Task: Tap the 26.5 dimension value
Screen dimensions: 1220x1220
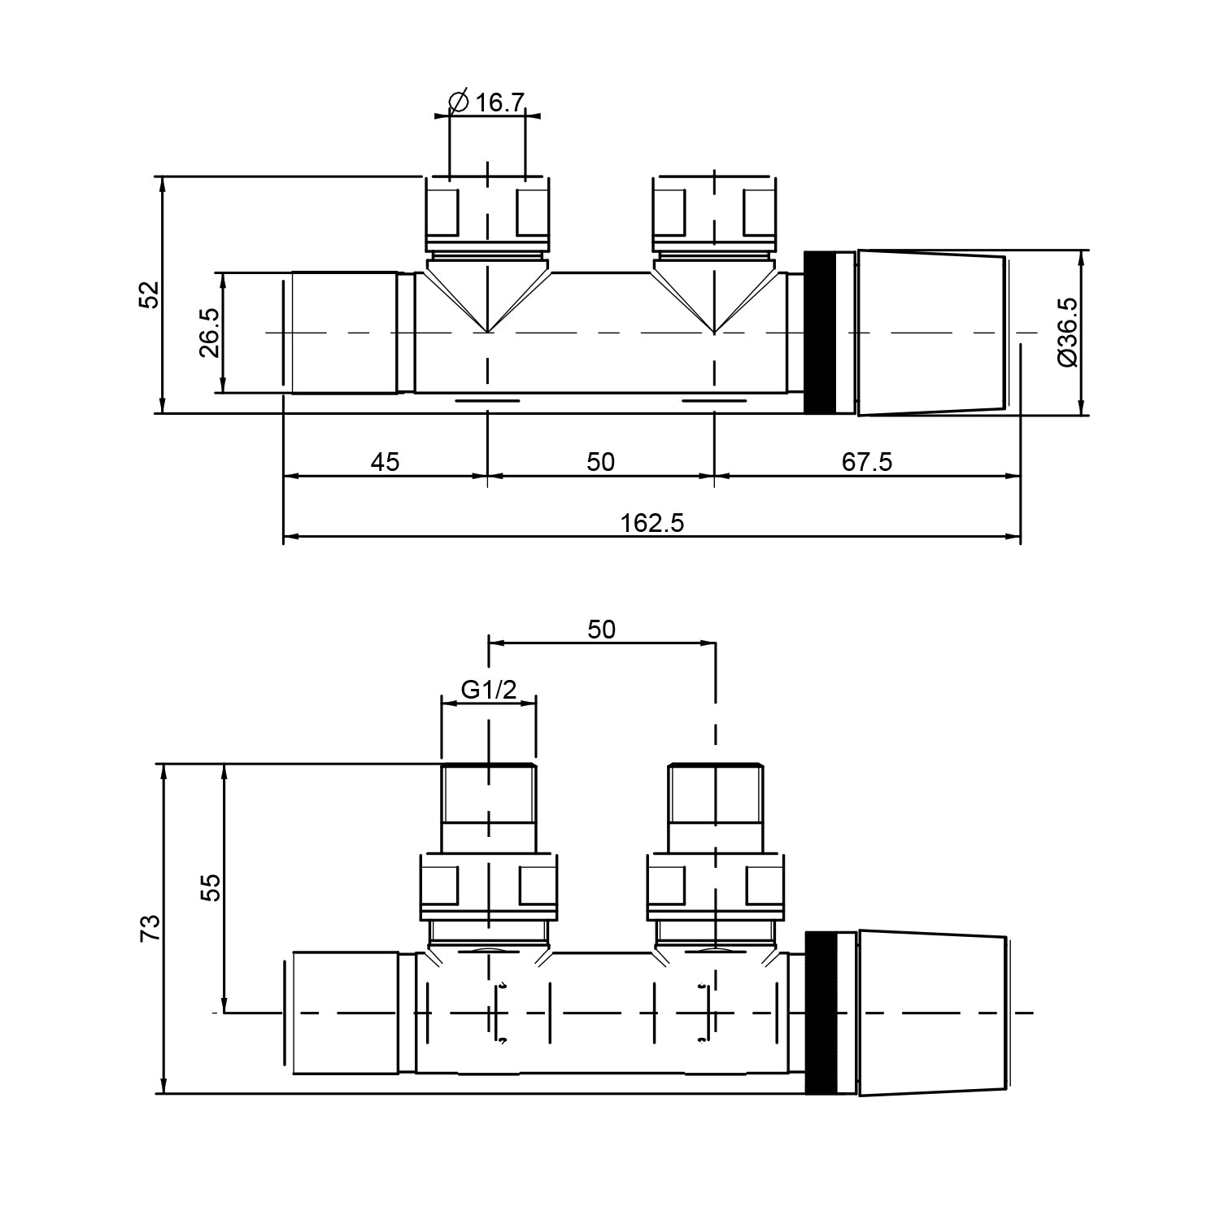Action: click(x=209, y=333)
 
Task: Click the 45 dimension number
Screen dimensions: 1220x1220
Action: click(x=385, y=462)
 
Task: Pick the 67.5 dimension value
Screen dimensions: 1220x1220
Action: click(x=866, y=462)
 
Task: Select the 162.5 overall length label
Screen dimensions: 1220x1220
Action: click(x=652, y=522)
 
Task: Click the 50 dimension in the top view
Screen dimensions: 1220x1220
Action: click(x=600, y=462)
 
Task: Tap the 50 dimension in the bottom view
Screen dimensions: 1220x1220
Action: click(x=601, y=629)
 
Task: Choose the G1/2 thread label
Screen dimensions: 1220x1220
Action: click(x=489, y=690)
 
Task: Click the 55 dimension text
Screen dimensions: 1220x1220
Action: click(x=210, y=887)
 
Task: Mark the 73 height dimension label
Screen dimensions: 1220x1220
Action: click(x=150, y=928)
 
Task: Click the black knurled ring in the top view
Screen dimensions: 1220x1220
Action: click(x=821, y=333)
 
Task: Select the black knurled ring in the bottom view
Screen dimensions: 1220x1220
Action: click(x=821, y=1013)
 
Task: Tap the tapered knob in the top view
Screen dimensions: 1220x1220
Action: click(x=931, y=333)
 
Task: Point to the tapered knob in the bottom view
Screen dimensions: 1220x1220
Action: click(x=931, y=1013)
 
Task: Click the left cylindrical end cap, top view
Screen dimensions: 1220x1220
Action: click(x=344, y=333)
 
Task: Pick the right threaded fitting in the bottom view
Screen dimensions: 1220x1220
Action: click(x=716, y=805)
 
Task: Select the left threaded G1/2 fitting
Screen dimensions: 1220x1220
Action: click(x=488, y=805)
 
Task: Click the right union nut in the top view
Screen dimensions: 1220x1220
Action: click(x=713, y=213)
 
